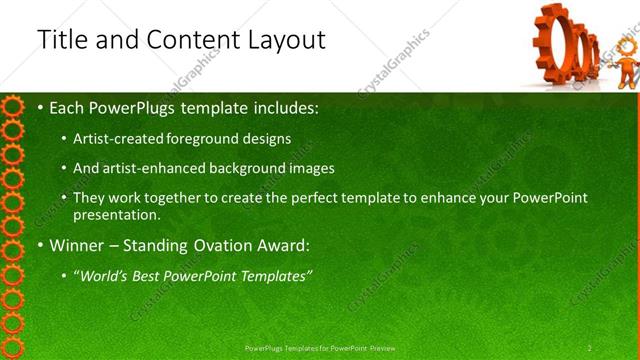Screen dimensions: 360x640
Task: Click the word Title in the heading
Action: pyautogui.click(x=62, y=40)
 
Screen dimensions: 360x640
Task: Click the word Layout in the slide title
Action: pyautogui.click(x=285, y=40)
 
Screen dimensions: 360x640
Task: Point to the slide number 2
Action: pyautogui.click(x=589, y=347)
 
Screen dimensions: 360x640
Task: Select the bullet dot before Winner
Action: pyautogui.click(x=40, y=245)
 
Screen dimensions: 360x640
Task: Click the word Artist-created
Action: pyautogui.click(x=117, y=139)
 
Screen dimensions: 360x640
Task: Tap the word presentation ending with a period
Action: pyautogui.click(x=117, y=215)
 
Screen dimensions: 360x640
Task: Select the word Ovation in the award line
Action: pyautogui.click(x=203, y=245)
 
